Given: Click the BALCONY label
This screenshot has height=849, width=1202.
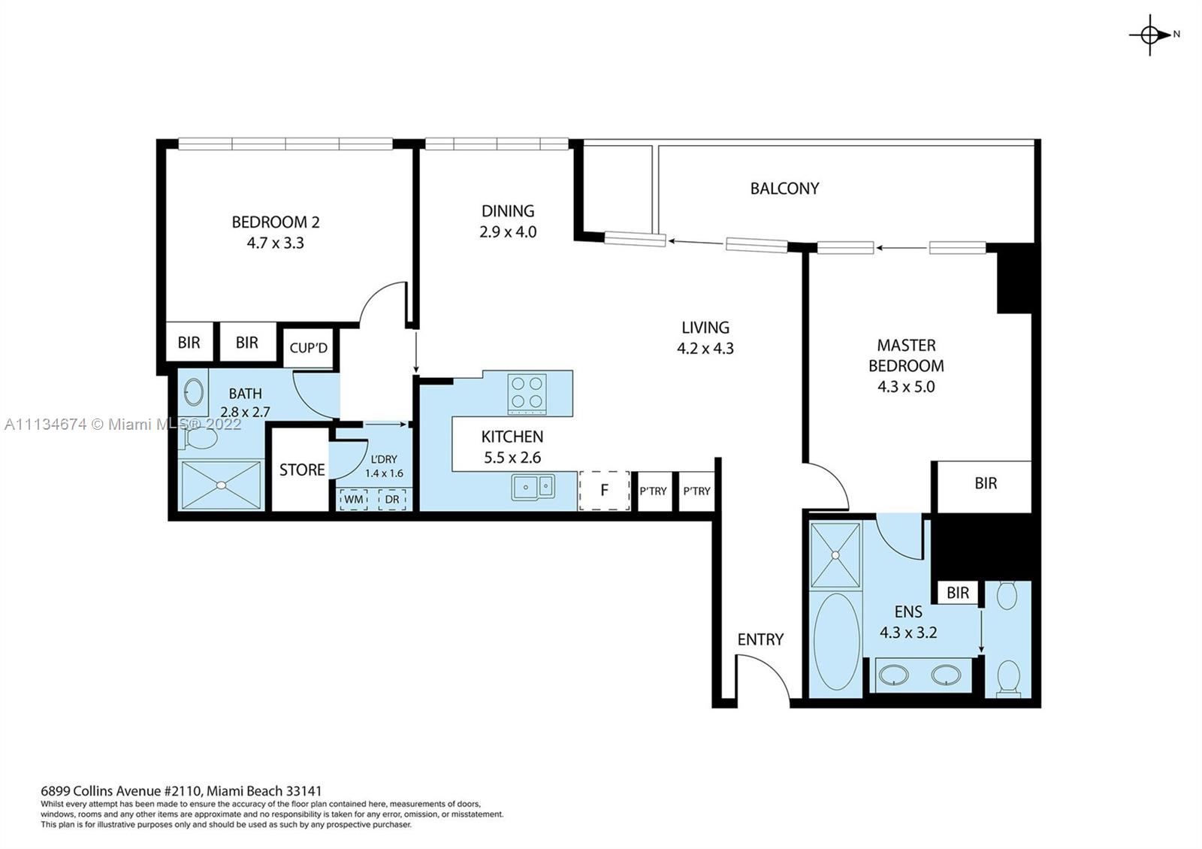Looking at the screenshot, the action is [784, 189].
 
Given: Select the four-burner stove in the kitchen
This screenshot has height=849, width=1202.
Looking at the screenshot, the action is [527, 394].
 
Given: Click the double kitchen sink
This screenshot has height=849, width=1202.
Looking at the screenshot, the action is [533, 487].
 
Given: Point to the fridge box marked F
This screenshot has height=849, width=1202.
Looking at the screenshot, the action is [604, 491].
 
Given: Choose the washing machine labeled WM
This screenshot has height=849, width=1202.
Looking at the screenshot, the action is [354, 499].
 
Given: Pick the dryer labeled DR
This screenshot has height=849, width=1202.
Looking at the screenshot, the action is [392, 499].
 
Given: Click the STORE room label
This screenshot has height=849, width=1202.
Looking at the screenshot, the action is [302, 470].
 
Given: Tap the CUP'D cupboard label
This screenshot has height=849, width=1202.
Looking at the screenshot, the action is [309, 349].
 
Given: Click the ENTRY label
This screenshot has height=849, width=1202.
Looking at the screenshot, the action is [760, 639].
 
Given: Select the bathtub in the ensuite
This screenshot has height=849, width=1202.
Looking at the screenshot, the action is [837, 642].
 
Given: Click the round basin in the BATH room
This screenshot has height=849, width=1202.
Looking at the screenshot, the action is [193, 391].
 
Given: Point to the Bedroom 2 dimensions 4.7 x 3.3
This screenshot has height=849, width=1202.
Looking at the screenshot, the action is [275, 243].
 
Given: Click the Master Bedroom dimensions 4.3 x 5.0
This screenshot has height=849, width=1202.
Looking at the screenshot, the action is [906, 387].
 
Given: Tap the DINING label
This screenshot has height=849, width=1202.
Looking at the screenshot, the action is [508, 211].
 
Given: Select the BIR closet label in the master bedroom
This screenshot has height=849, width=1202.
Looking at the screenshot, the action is [986, 484].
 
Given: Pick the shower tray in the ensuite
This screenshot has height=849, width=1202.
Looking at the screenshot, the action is [836, 555].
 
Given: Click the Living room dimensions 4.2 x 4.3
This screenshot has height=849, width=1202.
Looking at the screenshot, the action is [705, 349].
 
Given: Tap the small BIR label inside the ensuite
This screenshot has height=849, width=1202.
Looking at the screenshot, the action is [958, 593].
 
